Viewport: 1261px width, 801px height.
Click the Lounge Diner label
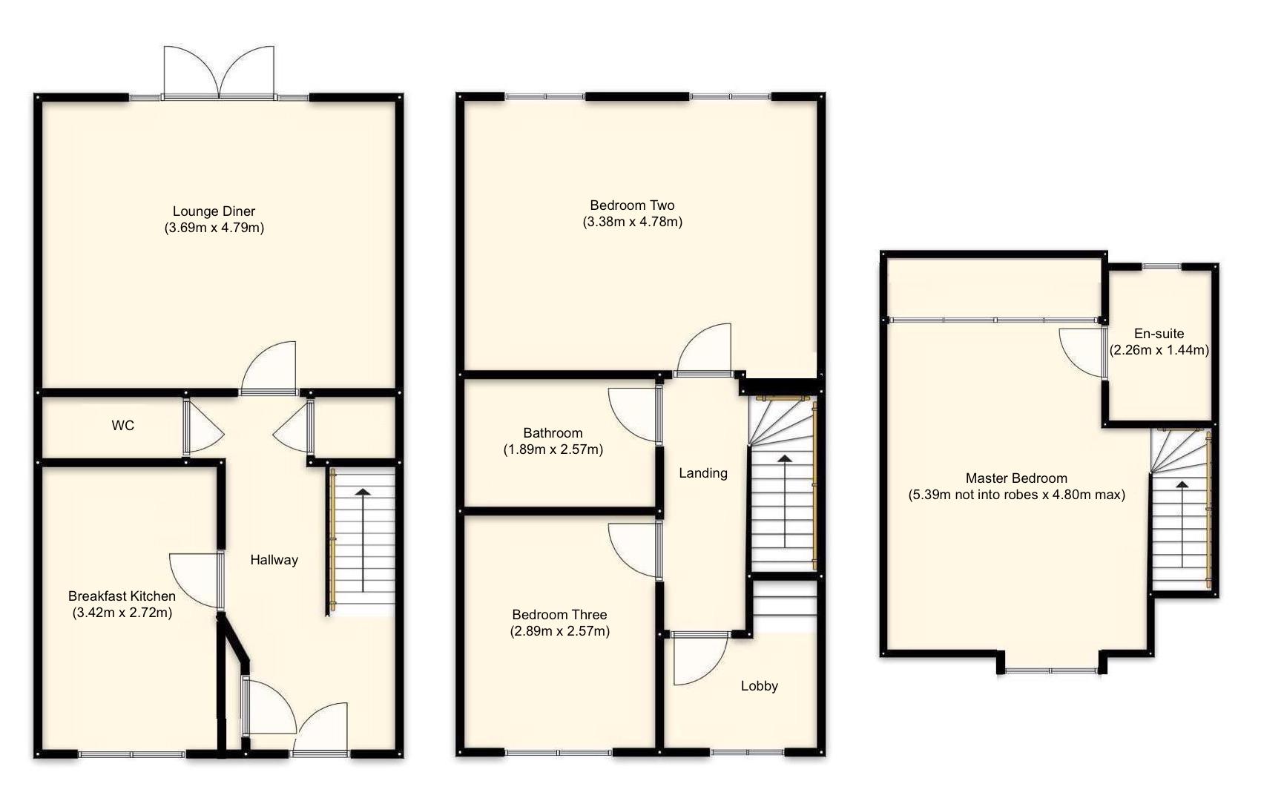214,211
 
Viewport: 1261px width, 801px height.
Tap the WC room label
123,426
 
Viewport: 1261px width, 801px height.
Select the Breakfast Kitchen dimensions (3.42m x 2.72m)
122,613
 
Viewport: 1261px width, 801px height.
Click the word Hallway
274,560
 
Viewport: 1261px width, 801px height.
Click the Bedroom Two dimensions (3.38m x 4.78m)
632,222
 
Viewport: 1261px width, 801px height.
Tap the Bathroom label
553,433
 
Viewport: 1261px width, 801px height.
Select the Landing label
702,473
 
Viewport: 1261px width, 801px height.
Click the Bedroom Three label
559,615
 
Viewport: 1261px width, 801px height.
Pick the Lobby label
759,686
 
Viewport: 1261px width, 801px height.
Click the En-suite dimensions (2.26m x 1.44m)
1159,350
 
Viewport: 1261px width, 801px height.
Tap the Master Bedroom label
1016,478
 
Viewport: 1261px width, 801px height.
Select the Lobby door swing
697,660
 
